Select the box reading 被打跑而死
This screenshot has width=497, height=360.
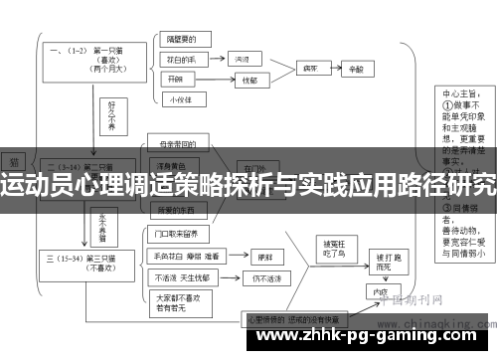tap(380, 262)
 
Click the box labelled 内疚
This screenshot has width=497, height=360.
tap(376, 292)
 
